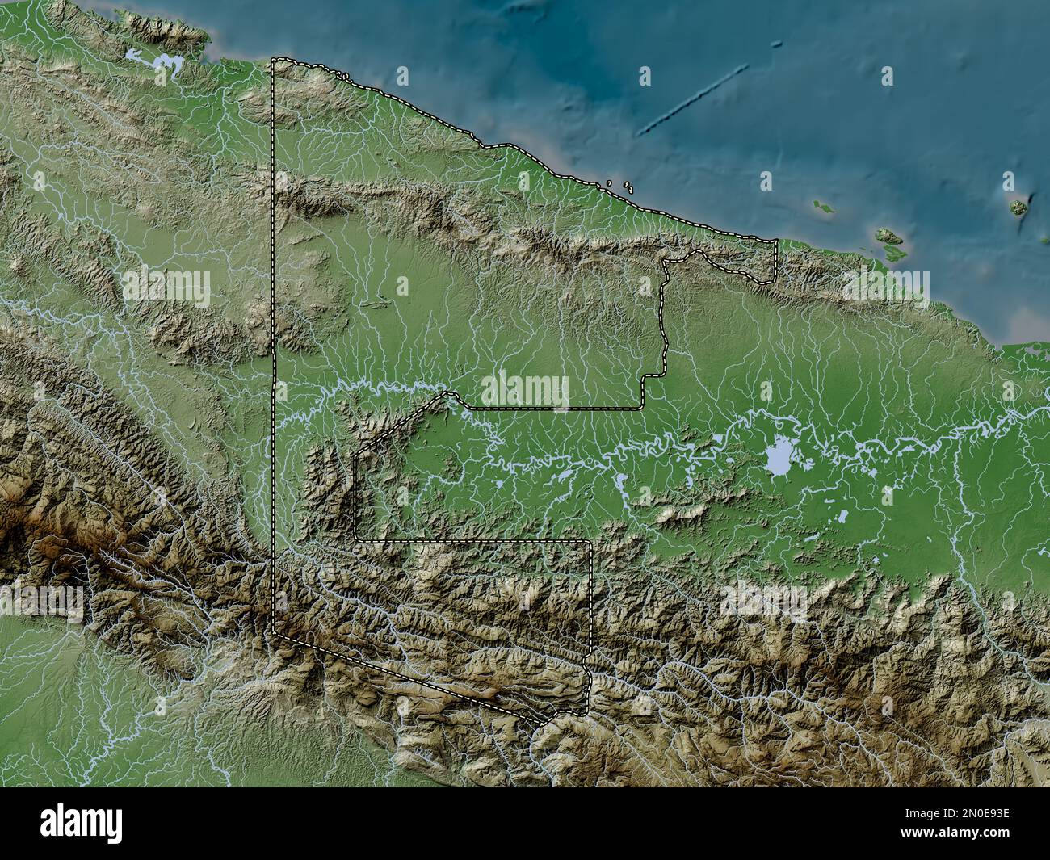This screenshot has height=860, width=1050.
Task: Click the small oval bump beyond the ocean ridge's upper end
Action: (x=776, y=44)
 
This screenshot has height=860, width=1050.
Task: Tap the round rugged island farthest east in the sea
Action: (x=1019, y=208)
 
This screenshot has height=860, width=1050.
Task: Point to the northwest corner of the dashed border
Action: (x=273, y=60)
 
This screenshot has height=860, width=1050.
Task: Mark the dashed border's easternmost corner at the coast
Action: (x=776, y=241)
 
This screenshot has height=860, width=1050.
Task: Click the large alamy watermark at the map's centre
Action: (x=525, y=391)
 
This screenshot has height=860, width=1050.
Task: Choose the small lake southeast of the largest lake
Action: (x=842, y=514)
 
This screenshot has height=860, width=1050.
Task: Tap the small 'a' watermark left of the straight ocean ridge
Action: (x=645, y=76)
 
